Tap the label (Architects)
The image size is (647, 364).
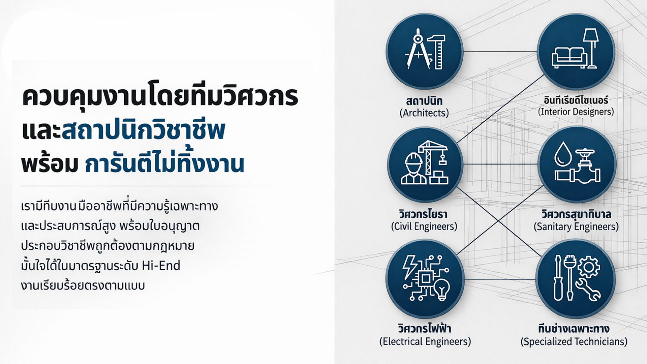click(x=424, y=113)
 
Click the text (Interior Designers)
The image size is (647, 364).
click(x=576, y=112)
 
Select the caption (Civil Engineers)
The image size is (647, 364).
click(x=424, y=226)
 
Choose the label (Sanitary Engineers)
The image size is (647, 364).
click(x=576, y=226)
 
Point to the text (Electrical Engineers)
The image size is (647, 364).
click(x=425, y=341)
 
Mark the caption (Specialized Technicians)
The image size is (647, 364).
click(x=574, y=341)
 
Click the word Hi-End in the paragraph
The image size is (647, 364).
click(x=161, y=266)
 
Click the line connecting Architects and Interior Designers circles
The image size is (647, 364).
click(x=500, y=52)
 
